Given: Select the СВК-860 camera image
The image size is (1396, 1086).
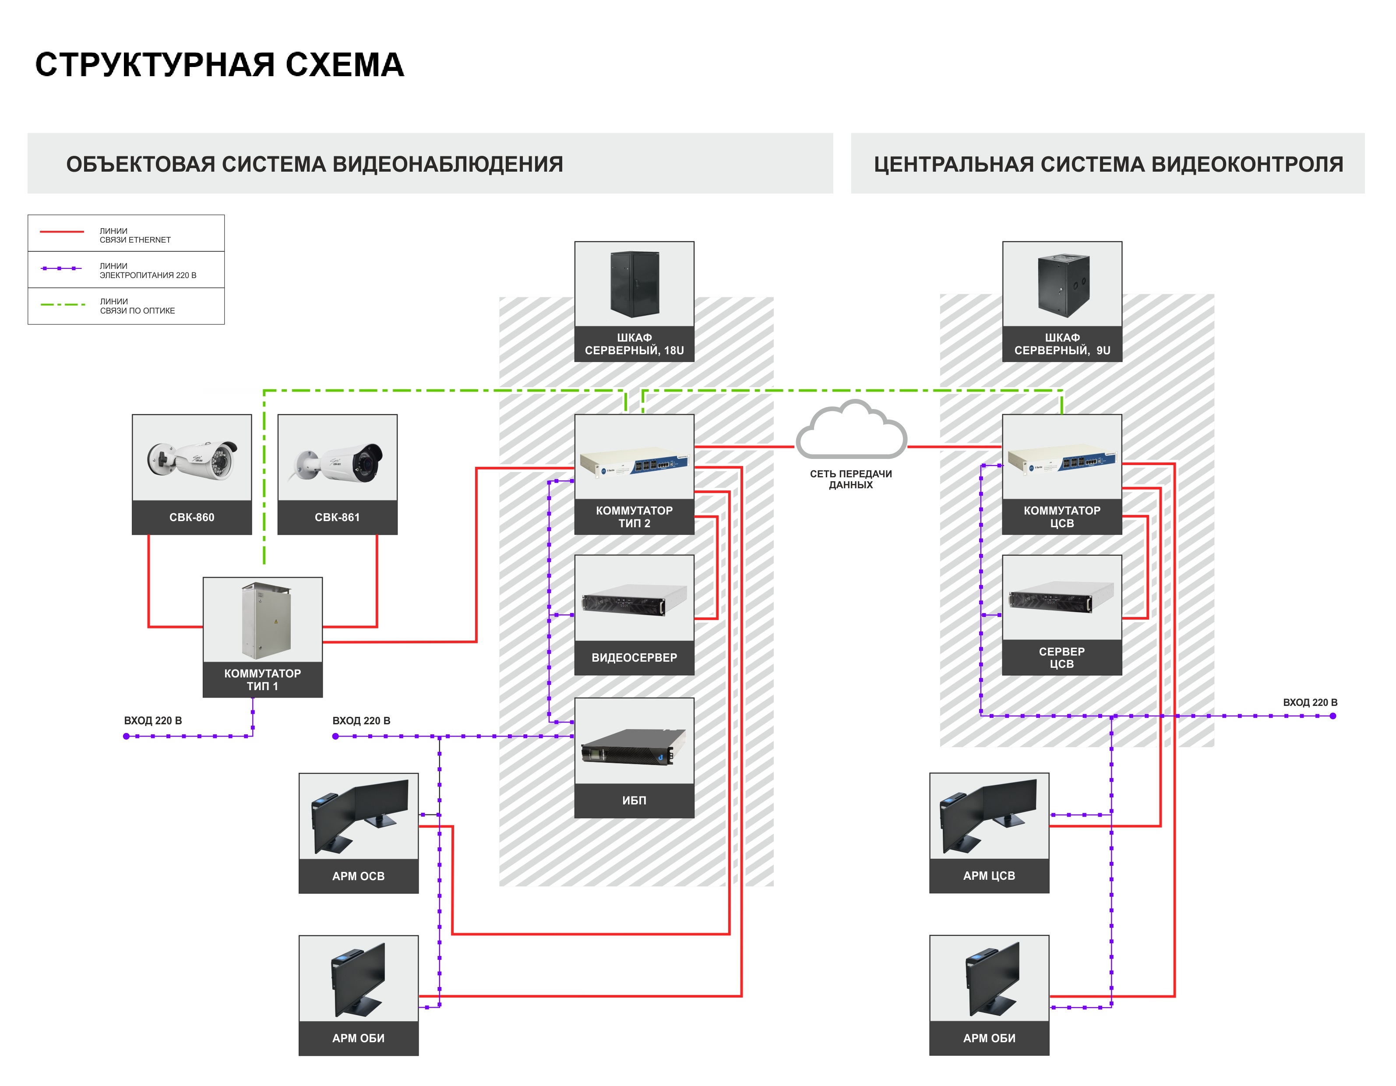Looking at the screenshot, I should (192, 458).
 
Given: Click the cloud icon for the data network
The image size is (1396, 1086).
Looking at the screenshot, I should (851, 431).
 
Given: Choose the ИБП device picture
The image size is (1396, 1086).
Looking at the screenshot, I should (634, 745).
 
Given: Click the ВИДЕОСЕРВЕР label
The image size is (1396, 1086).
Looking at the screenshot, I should (634, 658).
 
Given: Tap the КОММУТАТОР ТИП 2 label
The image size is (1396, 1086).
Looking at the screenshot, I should (634, 516).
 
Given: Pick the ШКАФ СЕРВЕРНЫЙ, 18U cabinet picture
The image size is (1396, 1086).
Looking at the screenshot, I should (634, 285).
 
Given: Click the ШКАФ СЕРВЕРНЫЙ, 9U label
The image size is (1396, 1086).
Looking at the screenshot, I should (1062, 344).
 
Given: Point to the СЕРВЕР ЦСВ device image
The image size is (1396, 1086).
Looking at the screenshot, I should (1062, 598).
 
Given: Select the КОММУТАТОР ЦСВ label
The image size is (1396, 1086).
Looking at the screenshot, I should (1062, 516).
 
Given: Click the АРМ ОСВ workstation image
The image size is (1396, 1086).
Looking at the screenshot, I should (359, 816).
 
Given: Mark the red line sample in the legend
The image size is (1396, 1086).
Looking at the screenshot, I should (62, 231).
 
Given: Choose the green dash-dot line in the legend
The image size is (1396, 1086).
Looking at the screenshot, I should (62, 305).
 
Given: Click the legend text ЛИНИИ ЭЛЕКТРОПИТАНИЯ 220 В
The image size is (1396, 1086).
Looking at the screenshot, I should (147, 270).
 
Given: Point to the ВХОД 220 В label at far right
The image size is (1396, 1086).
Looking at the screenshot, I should (1310, 702).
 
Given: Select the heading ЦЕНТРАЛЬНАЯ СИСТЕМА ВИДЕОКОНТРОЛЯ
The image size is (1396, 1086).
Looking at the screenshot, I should (1108, 164).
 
